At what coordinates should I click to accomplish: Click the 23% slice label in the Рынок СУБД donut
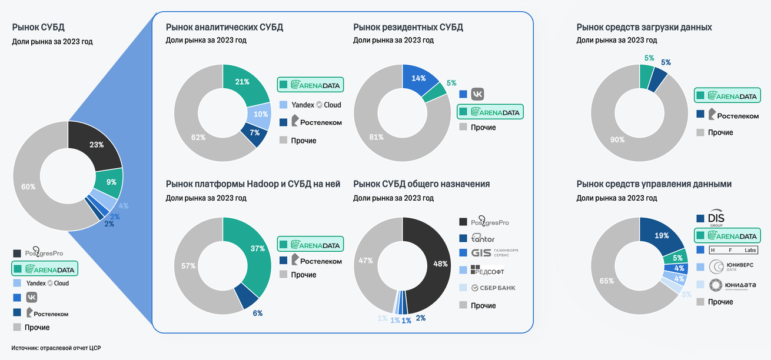point(96,144)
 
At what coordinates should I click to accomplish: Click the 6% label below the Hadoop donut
point(258,313)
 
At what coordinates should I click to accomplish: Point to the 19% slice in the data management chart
point(661,236)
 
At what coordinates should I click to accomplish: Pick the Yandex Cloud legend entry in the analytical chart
point(310,105)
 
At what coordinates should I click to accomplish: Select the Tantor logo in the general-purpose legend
point(482,239)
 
